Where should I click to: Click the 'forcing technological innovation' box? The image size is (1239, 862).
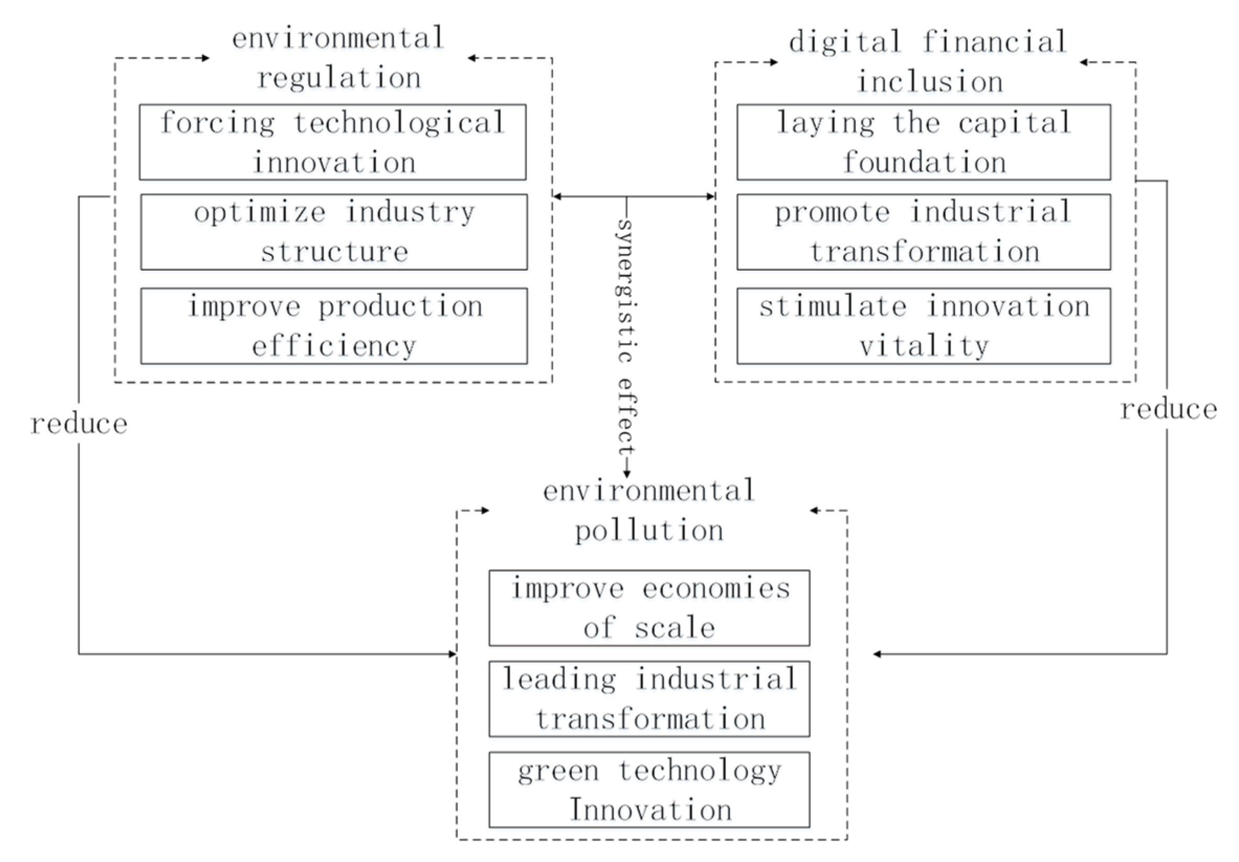pos(332,142)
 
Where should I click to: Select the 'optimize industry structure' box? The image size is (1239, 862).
pos(334,231)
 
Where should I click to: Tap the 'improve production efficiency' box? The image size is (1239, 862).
pos(334,326)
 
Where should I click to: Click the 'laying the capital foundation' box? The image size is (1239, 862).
pos(923,142)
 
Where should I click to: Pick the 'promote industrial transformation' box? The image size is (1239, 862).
pos(923,231)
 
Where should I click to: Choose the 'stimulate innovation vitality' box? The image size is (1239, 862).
pos(923,326)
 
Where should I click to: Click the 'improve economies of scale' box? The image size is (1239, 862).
pos(649,608)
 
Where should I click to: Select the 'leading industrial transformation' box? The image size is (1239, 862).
pos(649,699)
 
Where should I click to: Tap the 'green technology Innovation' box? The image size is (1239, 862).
pos(649,789)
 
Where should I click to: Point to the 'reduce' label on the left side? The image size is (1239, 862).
pos(79,424)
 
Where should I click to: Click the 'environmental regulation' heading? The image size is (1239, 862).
pos(338,58)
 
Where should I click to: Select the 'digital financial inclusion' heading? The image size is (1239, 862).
pos(928,62)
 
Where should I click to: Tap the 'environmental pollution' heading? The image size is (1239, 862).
pos(649,511)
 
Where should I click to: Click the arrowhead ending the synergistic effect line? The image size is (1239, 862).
pos(627,474)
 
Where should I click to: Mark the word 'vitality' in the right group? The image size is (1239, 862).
pos(923,346)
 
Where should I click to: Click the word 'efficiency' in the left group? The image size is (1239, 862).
pos(334,346)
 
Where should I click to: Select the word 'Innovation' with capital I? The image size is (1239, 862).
pos(650,810)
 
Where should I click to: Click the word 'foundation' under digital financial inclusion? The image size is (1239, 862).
pos(924,162)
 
